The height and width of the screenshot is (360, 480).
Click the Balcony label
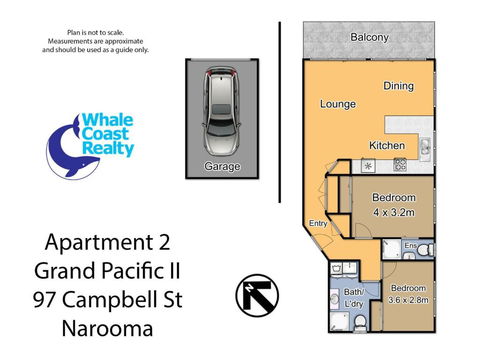(370, 38)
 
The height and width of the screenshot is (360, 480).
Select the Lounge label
(339, 103)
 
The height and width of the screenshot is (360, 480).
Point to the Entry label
(318, 223)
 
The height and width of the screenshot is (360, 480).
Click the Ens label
(410, 242)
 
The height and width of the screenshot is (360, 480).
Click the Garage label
(221, 167)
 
